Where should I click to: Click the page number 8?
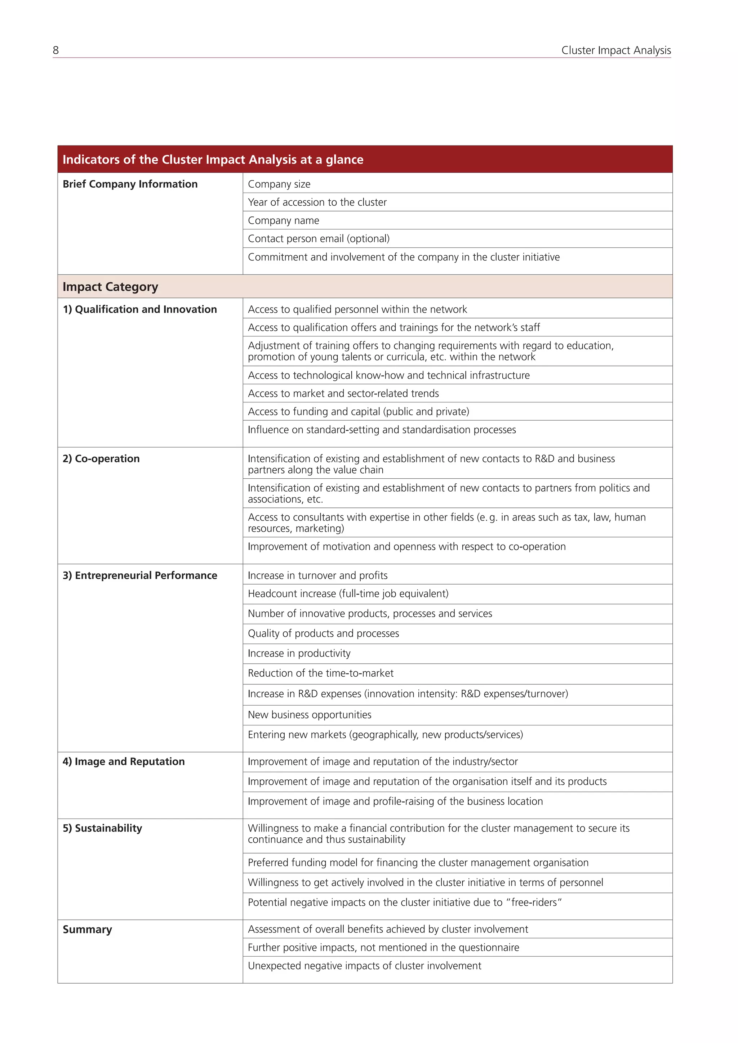(x=56, y=50)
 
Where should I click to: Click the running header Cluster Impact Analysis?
(x=616, y=50)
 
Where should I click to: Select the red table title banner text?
(x=213, y=160)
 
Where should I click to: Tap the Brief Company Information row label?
(x=130, y=184)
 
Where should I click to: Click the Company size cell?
(x=279, y=184)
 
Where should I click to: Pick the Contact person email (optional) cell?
(x=319, y=238)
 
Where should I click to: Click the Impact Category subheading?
(x=110, y=287)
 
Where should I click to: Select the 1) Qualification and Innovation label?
(x=139, y=309)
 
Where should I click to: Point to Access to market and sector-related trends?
(x=343, y=393)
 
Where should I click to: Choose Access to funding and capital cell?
(x=358, y=412)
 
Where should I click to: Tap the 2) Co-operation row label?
(x=101, y=459)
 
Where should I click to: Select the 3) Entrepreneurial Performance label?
(x=139, y=576)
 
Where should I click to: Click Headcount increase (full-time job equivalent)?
(x=348, y=594)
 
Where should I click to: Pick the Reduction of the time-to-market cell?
(x=320, y=673)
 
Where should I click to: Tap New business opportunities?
(x=310, y=715)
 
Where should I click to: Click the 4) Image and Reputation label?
(x=124, y=761)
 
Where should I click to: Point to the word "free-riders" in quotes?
(x=536, y=902)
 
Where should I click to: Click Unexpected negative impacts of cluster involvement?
(x=364, y=966)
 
